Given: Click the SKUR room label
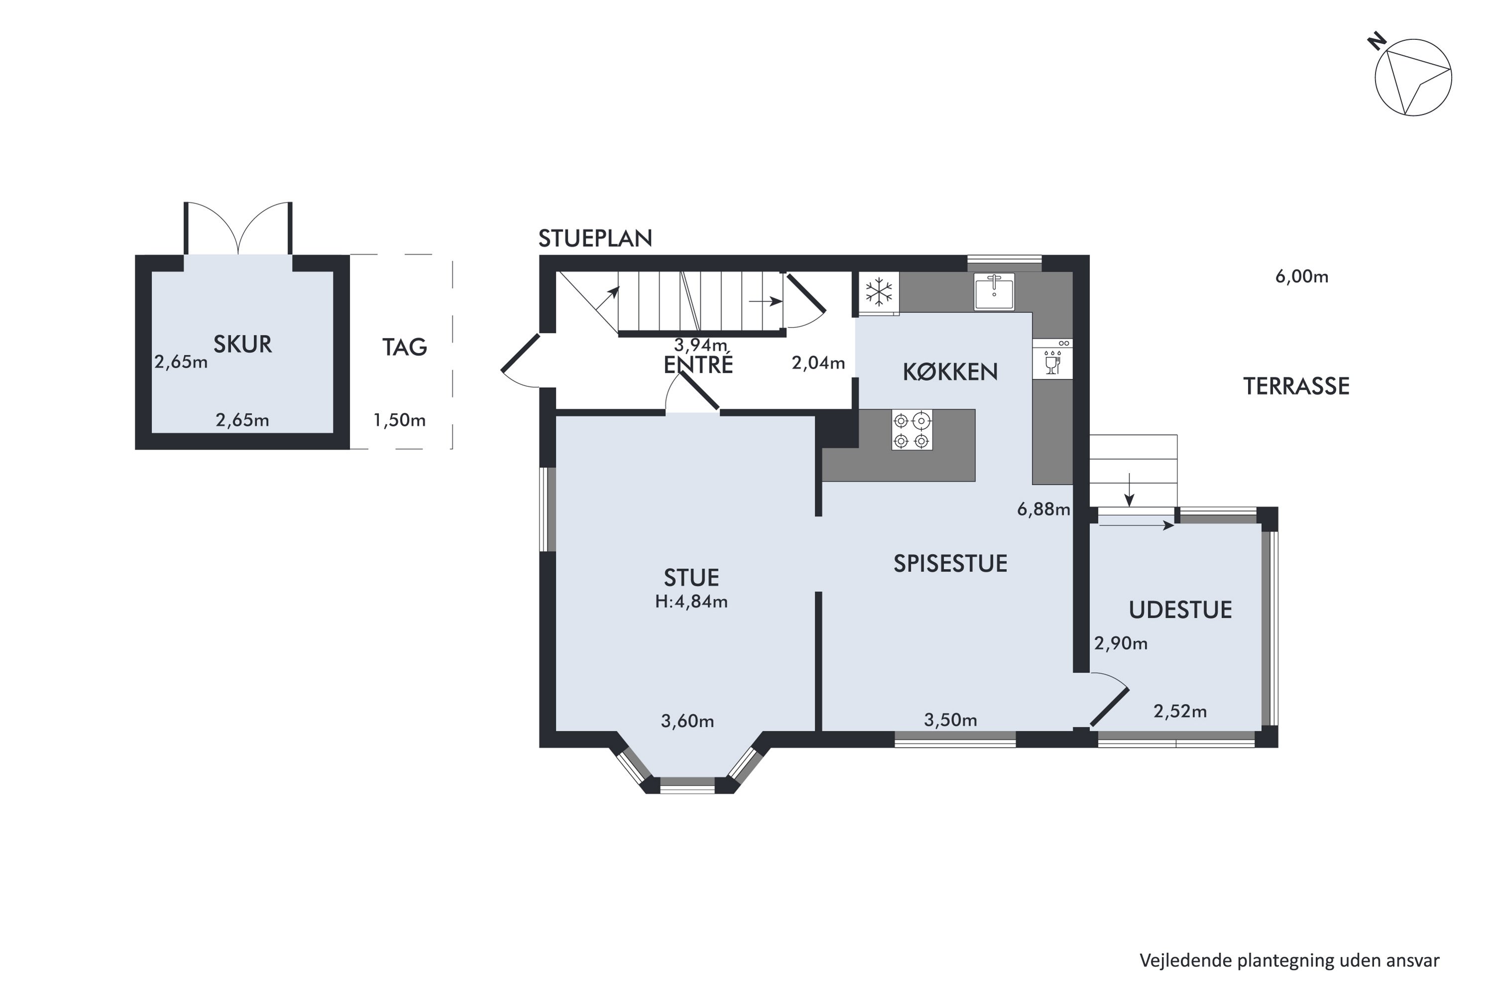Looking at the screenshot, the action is [242, 344].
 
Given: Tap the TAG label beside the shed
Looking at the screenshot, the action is [404, 347].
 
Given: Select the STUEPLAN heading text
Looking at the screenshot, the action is [595, 238].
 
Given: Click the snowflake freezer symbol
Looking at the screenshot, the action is [879, 293].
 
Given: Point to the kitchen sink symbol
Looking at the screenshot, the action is [994, 291].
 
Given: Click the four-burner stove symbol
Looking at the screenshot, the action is [912, 430].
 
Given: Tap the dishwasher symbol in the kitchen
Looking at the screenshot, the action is [1053, 360].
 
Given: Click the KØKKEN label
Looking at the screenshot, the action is [950, 372].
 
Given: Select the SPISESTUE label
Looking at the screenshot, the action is [950, 564].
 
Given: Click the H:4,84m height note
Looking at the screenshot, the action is [691, 601].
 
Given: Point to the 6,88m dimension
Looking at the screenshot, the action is [1044, 509].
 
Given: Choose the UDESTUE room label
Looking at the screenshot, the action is [1180, 610].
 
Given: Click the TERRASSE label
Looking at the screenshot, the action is [1296, 386].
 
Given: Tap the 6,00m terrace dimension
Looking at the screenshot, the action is [1302, 277].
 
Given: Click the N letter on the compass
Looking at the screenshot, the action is [1376, 42].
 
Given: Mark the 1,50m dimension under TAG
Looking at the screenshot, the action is [399, 420].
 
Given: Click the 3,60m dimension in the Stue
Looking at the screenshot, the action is [687, 721].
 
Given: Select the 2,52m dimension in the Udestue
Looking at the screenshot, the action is [1180, 711].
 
